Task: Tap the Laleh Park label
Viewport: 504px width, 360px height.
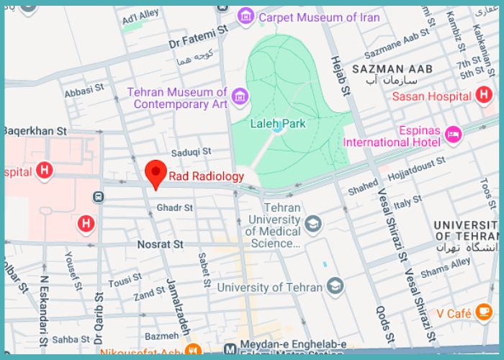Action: [277, 124]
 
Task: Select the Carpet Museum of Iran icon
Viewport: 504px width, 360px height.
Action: [247, 16]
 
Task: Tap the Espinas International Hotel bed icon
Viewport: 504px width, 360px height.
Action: [453, 134]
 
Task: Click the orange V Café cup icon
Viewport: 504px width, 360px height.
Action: [483, 312]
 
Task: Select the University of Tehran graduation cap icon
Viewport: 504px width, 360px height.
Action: [333, 287]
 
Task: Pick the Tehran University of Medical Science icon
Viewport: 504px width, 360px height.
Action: [312, 225]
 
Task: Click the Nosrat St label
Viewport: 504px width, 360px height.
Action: [160, 245]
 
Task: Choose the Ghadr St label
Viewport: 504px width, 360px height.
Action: [175, 208]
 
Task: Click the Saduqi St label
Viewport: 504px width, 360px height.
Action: [191, 152]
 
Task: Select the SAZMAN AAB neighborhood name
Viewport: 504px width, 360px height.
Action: [392, 69]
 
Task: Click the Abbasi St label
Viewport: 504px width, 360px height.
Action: [79, 92]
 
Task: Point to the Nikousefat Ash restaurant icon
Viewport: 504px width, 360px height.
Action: [192, 351]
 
